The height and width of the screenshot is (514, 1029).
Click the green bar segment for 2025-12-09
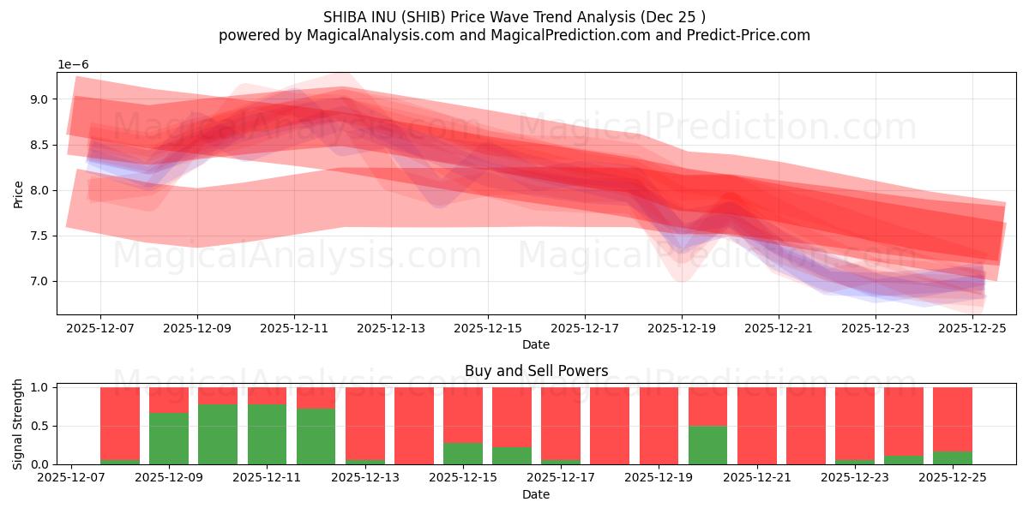click(169, 439)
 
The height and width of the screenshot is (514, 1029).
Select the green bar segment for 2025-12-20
click(707, 445)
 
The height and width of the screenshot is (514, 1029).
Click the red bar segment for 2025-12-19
click(659, 426)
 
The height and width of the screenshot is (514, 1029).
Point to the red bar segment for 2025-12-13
click(365, 423)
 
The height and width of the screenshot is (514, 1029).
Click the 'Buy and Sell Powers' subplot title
click(536, 371)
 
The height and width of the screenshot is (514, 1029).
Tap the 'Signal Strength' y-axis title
click(18, 424)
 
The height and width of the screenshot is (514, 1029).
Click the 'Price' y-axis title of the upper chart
click(18, 194)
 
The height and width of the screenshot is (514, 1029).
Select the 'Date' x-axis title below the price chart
click(536, 344)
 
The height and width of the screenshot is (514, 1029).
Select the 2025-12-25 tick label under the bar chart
click(953, 478)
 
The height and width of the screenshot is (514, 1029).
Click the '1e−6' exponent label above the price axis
click(73, 65)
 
